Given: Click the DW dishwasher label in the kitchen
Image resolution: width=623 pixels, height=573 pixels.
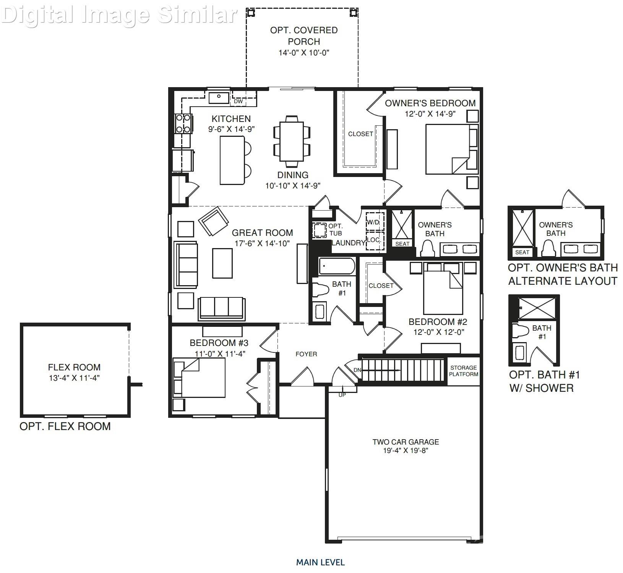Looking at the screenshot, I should click(x=238, y=101).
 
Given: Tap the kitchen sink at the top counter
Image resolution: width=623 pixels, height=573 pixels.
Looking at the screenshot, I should click(x=219, y=98).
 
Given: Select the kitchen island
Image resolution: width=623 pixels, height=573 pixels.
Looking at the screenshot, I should click(x=232, y=160).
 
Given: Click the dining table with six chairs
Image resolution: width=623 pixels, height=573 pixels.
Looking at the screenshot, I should click(x=292, y=141).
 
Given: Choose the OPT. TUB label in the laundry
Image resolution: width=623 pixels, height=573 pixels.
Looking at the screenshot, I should click(x=336, y=229).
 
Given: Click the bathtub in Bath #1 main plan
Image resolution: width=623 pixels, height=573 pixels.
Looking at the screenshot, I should click(x=337, y=266).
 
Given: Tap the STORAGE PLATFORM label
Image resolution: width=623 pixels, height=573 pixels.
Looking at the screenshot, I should click(x=463, y=371).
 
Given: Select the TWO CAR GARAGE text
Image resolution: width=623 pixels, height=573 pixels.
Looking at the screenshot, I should click(x=406, y=442).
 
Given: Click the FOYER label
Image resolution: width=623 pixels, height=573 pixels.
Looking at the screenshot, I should click(x=306, y=354).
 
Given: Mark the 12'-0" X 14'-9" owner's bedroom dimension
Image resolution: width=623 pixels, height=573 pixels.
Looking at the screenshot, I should click(x=430, y=114).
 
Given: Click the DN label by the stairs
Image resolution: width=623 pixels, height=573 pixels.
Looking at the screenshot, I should click(x=357, y=370).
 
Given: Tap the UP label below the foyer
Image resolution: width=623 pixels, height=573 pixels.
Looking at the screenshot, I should click(x=342, y=395).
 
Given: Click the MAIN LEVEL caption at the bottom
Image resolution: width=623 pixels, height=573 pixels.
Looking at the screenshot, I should click(x=320, y=562).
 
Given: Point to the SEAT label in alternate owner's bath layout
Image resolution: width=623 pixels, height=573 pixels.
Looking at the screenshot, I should click(x=522, y=252).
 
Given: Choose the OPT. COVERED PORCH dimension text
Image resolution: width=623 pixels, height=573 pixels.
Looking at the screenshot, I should click(x=303, y=53).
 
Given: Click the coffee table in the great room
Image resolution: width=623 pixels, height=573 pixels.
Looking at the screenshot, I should click(x=222, y=263).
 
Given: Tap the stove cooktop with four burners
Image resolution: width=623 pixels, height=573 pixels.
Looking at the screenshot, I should click(x=183, y=123).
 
